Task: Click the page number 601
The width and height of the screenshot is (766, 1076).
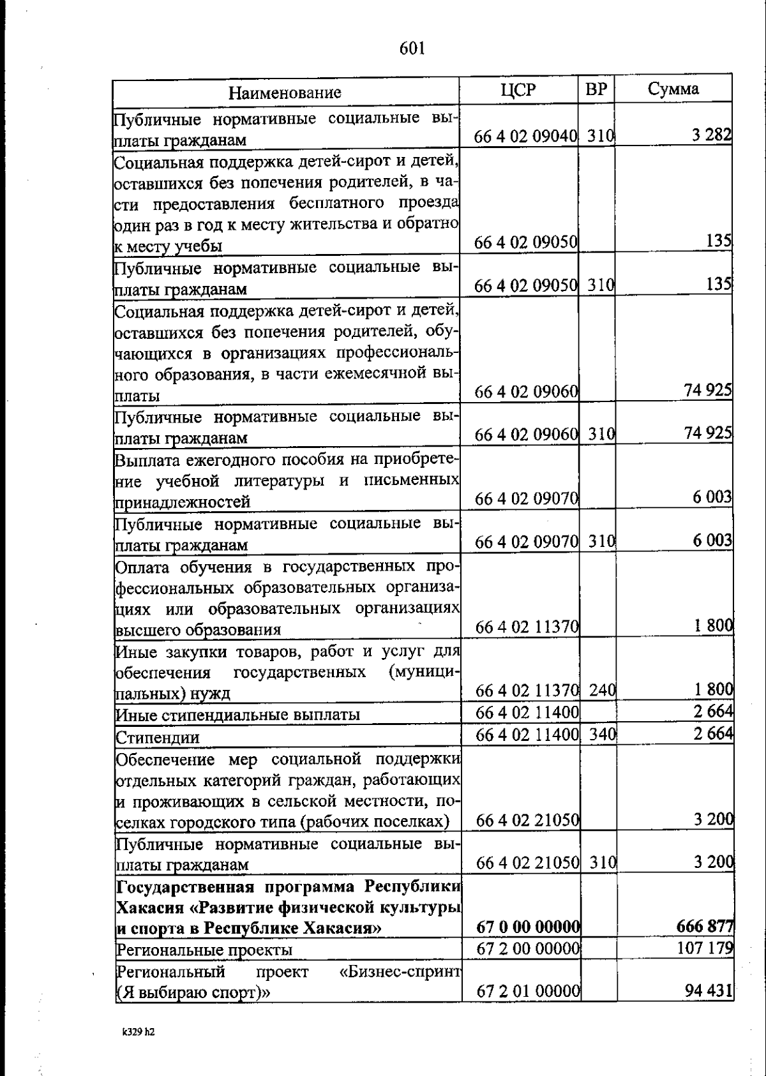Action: [412, 48]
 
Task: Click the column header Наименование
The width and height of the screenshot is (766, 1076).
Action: [285, 93]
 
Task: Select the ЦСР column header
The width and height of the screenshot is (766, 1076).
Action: [518, 90]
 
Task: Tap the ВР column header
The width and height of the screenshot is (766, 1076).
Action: [596, 89]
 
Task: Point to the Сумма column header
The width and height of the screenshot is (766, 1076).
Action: [673, 89]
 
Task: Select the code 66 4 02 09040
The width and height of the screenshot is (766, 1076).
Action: [526, 137]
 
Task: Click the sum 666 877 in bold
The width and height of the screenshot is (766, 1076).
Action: [705, 926]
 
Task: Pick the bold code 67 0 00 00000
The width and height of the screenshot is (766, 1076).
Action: [528, 926]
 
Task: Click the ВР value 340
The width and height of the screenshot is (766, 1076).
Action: [601, 735]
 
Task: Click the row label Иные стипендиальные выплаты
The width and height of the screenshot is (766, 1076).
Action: [237, 715]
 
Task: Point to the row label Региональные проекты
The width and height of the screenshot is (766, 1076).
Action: [204, 950]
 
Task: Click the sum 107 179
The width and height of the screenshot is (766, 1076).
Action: [705, 948]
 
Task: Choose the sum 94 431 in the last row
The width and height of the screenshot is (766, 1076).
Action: [708, 992]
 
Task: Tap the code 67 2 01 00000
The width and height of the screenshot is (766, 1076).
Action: [528, 992]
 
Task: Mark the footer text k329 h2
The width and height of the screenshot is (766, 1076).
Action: [140, 1031]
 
